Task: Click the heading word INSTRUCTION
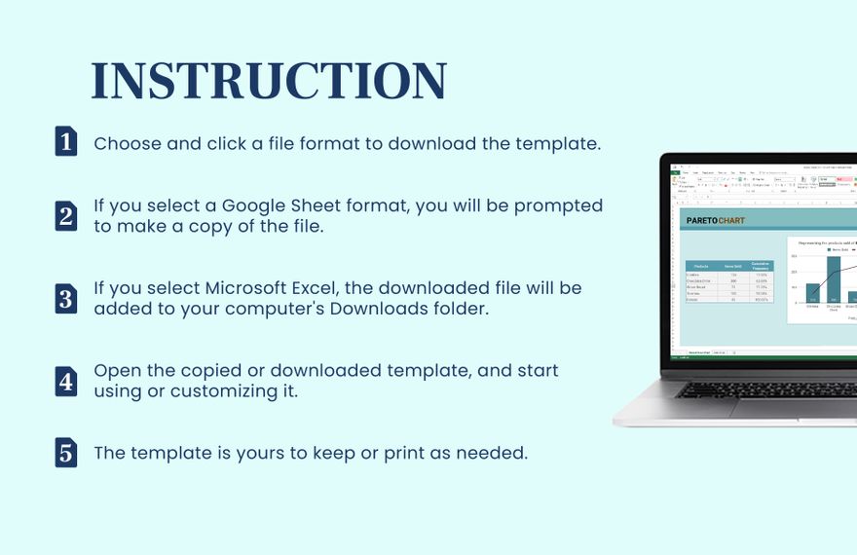[268, 81]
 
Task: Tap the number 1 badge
[65, 142]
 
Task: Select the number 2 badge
[65, 215]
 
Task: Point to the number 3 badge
[65, 298]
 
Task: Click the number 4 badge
[65, 381]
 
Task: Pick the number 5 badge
[65, 453]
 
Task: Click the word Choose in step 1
[127, 143]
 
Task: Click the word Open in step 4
[116, 371]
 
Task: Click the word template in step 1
[558, 143]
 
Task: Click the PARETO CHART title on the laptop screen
[715, 221]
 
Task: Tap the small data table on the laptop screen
[729, 280]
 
